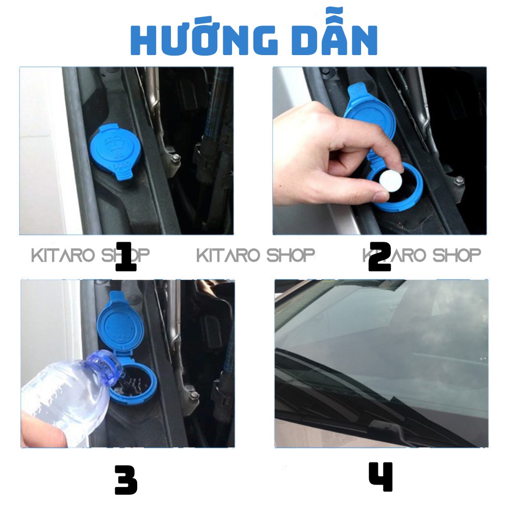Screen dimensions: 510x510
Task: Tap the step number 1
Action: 126,257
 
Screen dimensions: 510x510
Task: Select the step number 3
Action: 126,480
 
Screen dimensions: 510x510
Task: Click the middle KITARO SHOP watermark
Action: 256,255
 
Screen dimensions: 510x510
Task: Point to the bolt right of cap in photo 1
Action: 175,158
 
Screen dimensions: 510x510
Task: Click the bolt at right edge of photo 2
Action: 459,180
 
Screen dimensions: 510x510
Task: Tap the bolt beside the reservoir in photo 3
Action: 194,395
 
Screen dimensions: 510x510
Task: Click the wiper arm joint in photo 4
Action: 387,425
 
